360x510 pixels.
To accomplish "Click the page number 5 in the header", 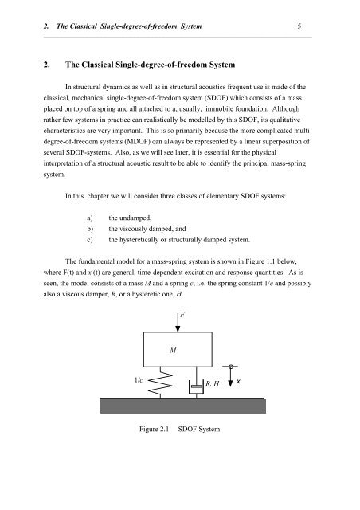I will pos(298,25).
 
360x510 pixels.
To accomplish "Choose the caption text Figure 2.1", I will pos(152,430).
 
